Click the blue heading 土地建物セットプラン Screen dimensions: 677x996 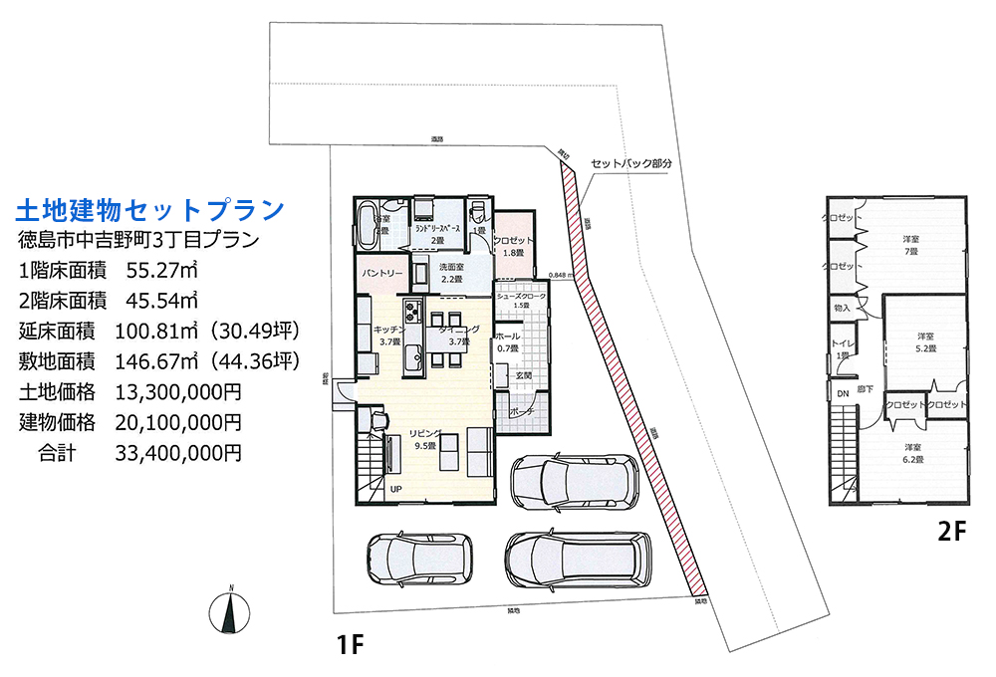(x=150, y=209)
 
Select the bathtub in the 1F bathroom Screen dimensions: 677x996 (x=367, y=218)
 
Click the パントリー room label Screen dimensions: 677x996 (x=381, y=272)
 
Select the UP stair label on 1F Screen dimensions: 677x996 (x=395, y=489)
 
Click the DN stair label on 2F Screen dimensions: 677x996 (x=842, y=394)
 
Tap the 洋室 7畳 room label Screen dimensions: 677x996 (x=910, y=245)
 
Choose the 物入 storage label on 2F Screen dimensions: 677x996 (x=842, y=309)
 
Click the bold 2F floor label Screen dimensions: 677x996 (x=951, y=532)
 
